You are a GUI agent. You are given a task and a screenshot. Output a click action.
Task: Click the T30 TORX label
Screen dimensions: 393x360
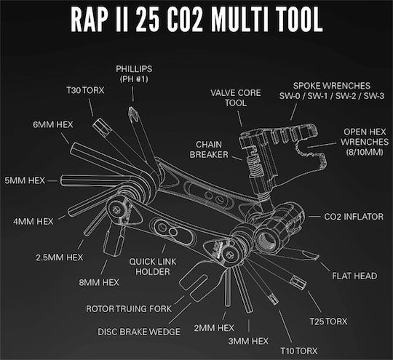(x=85, y=90)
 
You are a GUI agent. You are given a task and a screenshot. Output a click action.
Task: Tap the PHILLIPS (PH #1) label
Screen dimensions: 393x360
(x=134, y=74)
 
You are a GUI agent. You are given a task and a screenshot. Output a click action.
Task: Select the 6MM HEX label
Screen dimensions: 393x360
(x=53, y=124)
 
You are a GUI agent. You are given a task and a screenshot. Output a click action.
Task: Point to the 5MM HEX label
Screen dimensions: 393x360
(x=25, y=180)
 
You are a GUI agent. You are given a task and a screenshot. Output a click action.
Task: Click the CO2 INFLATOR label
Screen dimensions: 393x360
(x=354, y=217)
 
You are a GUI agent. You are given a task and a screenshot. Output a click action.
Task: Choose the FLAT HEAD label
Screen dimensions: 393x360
(x=354, y=276)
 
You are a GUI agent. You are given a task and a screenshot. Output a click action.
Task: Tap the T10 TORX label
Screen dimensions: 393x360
(x=299, y=351)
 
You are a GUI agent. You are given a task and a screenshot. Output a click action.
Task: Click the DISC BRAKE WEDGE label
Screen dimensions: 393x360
(x=139, y=332)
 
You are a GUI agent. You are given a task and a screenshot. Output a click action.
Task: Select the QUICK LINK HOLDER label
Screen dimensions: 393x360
(x=153, y=267)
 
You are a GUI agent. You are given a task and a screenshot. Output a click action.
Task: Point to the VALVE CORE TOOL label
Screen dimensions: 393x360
(x=236, y=97)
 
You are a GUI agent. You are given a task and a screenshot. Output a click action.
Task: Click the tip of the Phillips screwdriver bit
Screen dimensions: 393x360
(x=130, y=108)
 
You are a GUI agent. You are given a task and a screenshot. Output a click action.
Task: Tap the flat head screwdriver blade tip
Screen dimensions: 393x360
(x=317, y=257)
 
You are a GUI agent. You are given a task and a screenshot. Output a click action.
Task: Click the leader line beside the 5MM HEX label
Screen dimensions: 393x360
(x=52, y=181)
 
